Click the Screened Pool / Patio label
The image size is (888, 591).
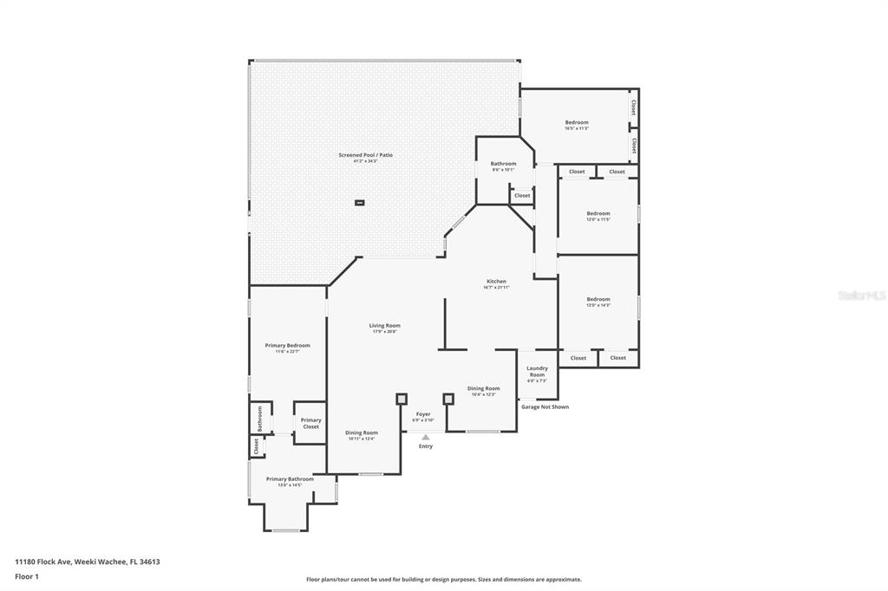click(365, 155)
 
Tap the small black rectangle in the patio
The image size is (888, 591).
click(360, 203)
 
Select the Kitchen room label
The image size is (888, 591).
click(496, 282)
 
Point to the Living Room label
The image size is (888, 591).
click(385, 326)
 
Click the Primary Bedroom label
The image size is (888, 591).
click(287, 346)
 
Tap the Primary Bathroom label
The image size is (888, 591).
click(290, 479)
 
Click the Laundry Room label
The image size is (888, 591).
click(537, 372)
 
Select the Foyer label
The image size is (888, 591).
click(423, 414)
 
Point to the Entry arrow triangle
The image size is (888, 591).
click(425, 438)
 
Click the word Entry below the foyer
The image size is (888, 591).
click(426, 446)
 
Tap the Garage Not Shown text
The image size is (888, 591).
click(545, 406)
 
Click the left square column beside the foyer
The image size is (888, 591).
click(401, 399)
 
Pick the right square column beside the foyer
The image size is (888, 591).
click(448, 399)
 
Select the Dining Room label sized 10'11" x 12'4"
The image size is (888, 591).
click(362, 432)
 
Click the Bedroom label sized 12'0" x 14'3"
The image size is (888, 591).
click(598, 300)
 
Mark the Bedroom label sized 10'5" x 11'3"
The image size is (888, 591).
click(577, 123)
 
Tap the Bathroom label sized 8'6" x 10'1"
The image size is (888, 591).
click(503, 164)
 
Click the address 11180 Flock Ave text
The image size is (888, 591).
click(88, 562)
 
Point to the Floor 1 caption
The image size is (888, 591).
click(27, 576)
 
